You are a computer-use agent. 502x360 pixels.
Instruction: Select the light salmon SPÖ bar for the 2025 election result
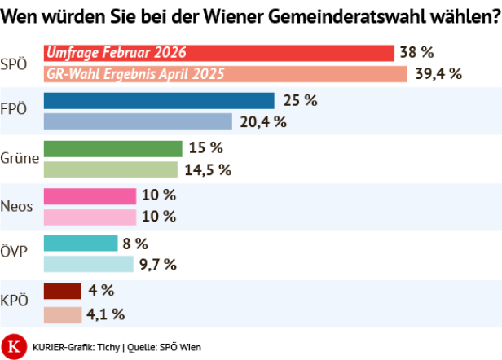(x=224, y=74)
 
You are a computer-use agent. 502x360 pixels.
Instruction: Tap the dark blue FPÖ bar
(x=158, y=101)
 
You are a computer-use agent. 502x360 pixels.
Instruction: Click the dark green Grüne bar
(x=112, y=148)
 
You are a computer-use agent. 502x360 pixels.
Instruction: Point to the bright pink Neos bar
(x=89, y=196)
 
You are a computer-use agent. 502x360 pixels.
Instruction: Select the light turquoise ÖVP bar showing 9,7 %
(x=87, y=264)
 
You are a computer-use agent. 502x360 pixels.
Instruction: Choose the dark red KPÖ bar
(x=62, y=291)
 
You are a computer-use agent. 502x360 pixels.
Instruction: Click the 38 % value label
(x=416, y=53)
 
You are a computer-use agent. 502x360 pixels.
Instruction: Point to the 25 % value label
(x=299, y=101)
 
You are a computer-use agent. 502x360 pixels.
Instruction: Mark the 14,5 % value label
(x=209, y=169)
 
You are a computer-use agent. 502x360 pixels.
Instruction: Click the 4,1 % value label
(x=107, y=314)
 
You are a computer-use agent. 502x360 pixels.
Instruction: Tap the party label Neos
(x=17, y=206)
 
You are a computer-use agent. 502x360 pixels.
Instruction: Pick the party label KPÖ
(x=15, y=301)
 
